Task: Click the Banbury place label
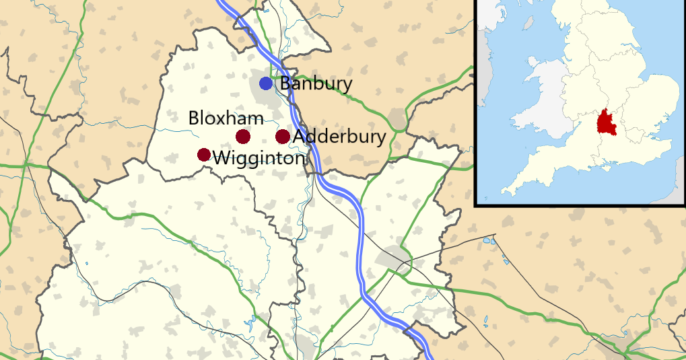316,84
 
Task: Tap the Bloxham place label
226,118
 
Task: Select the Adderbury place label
340,137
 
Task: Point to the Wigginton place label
259,159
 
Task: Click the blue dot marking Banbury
266,83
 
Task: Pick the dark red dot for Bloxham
243,137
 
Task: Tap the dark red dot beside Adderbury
283,137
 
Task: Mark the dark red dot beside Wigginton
203,155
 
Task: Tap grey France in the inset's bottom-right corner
674,191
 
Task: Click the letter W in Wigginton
221,159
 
